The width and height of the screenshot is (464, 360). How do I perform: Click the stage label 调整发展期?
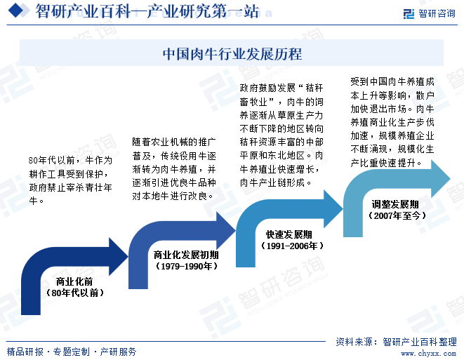pyautogui.click(x=395, y=204)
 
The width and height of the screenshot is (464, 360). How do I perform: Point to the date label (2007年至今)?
pyautogui.click(x=395, y=216)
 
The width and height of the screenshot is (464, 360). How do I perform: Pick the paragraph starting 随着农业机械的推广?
pyautogui.click(x=173, y=169)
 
